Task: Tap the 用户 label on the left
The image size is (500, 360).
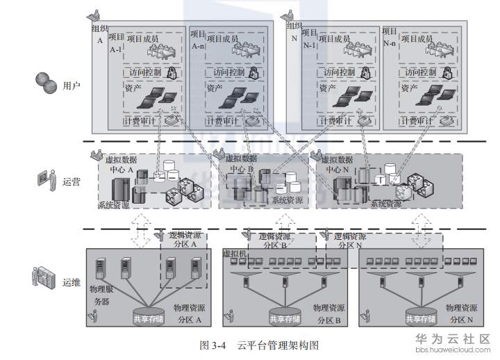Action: (72, 86)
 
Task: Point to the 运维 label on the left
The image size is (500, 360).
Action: (72, 282)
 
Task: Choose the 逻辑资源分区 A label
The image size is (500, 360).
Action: (185, 240)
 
